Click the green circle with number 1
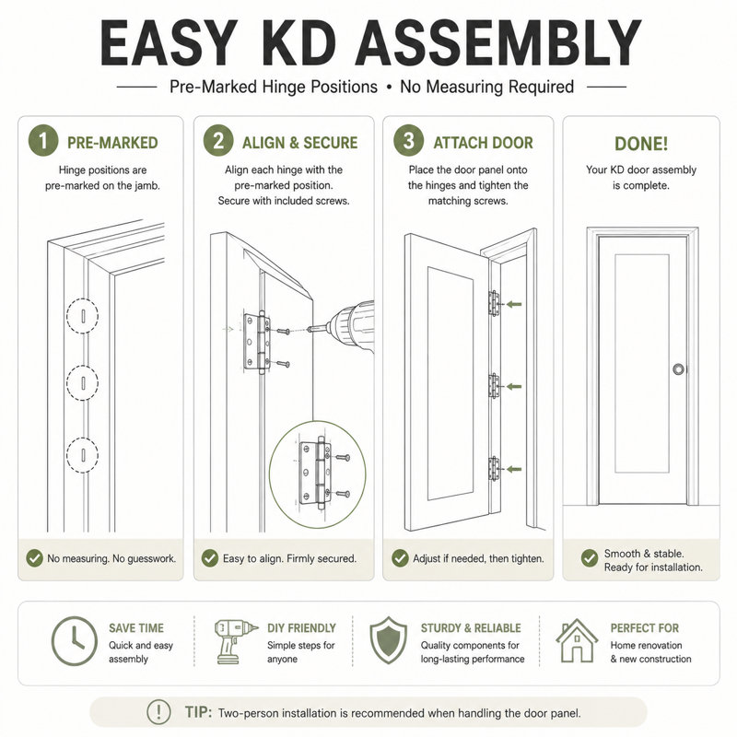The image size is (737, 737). pyautogui.click(x=43, y=141)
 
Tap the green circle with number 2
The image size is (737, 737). pyautogui.click(x=218, y=141)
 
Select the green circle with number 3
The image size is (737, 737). pyautogui.click(x=408, y=141)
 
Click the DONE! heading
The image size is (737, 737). pyautogui.click(x=641, y=144)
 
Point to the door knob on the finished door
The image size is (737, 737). pyautogui.click(x=678, y=369)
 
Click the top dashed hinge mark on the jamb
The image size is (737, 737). pyautogui.click(x=82, y=316)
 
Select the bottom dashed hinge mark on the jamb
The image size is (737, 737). pyautogui.click(x=82, y=455)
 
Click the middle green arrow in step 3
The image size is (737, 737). pyautogui.click(x=514, y=387)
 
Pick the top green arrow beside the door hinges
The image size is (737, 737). pyautogui.click(x=514, y=305)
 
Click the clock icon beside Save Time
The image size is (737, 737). pyautogui.click(x=74, y=641)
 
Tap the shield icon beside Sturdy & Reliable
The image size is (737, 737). pyautogui.click(x=388, y=640)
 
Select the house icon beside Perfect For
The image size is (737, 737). pyautogui.click(x=577, y=640)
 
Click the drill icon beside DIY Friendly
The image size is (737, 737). pyautogui.click(x=235, y=641)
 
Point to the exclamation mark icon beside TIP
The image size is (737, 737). pyautogui.click(x=158, y=712)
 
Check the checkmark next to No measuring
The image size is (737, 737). pyautogui.click(x=34, y=558)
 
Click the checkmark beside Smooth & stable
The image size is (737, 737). pyautogui.click(x=590, y=558)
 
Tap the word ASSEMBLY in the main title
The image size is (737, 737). pyautogui.click(x=498, y=43)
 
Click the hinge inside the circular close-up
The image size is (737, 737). pyautogui.click(x=316, y=473)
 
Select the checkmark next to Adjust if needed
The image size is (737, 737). pyautogui.click(x=400, y=558)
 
